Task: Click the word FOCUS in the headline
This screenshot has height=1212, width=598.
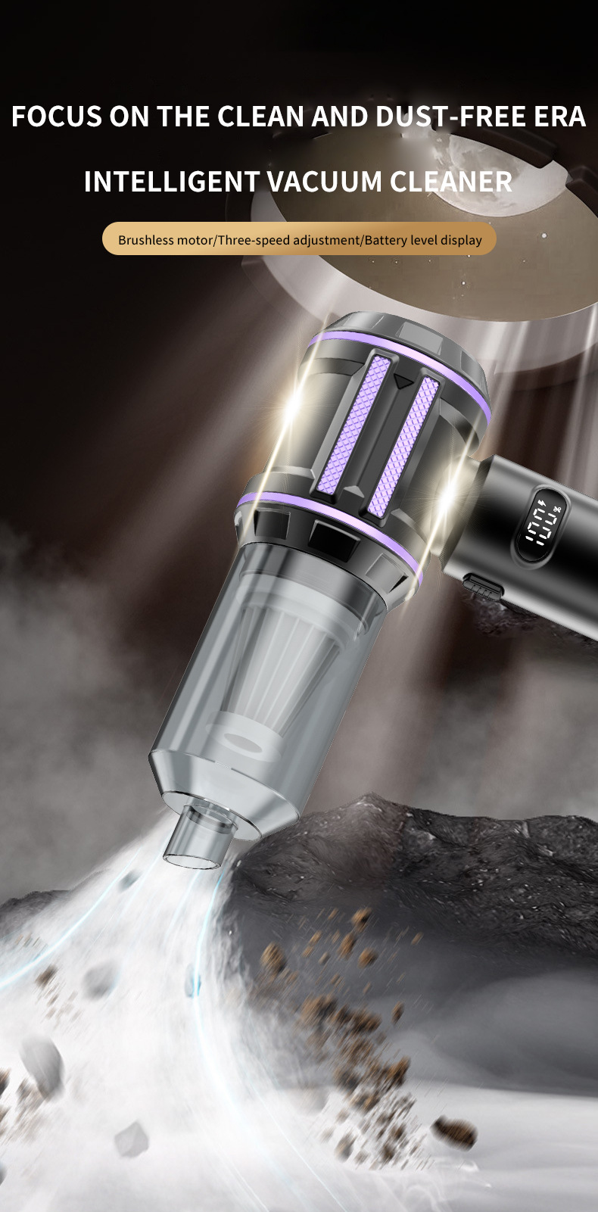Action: pyautogui.click(x=57, y=117)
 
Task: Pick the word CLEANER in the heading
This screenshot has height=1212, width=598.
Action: pyautogui.click(x=451, y=181)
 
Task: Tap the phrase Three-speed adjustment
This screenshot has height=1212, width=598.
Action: pyautogui.click(x=288, y=240)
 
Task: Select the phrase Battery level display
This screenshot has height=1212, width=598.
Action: pyautogui.click(x=423, y=240)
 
